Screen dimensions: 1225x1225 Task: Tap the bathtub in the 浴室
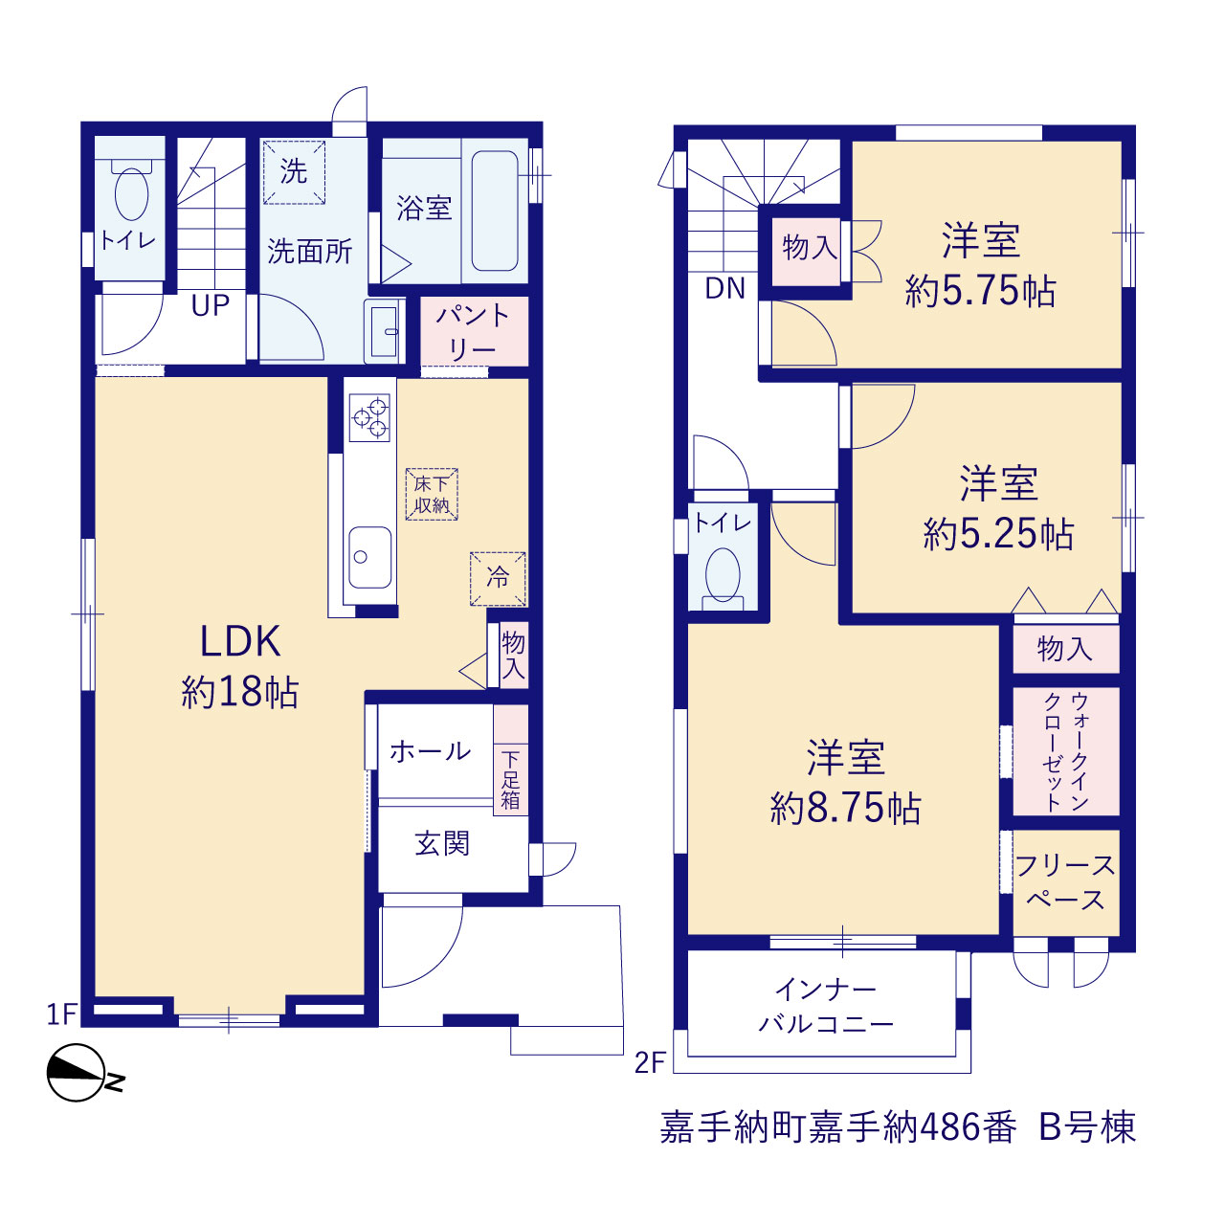tap(495, 212)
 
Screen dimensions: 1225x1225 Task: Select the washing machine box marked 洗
tap(294, 172)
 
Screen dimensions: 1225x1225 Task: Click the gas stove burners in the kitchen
tap(369, 417)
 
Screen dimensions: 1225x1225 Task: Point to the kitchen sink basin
tap(369, 557)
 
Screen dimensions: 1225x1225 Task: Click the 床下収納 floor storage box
tap(432, 495)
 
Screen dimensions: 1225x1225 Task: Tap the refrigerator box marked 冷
tap(498, 578)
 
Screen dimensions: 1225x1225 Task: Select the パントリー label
tap(473, 332)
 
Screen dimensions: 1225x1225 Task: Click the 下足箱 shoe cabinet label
tap(510, 780)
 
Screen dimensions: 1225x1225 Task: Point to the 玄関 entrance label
tap(442, 843)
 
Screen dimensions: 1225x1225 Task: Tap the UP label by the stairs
tap(211, 306)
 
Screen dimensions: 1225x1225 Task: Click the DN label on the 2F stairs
tap(724, 289)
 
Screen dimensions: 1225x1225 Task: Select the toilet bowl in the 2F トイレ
tap(723, 574)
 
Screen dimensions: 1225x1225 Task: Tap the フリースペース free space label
tap(1065, 882)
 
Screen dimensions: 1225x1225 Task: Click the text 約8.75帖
tap(845, 810)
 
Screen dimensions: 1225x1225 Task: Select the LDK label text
tap(239, 641)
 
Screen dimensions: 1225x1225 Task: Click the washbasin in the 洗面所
tap(384, 330)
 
